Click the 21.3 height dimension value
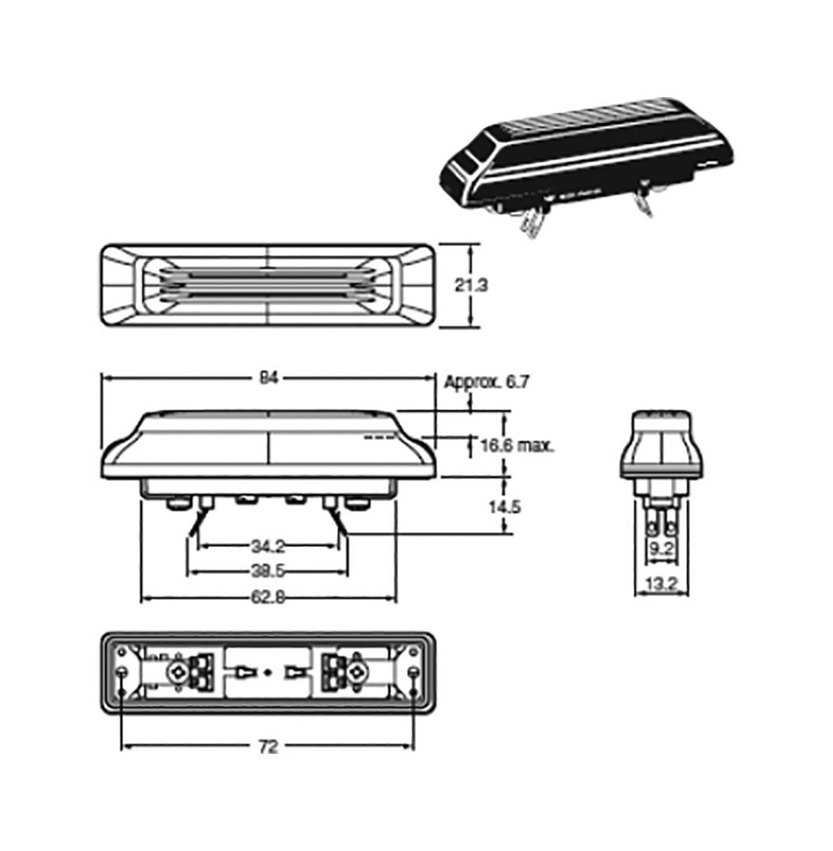point(471,285)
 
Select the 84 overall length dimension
point(267,377)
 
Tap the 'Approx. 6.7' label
point(487,382)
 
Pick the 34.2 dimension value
point(267,546)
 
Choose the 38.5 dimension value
point(267,572)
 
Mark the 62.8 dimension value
point(267,598)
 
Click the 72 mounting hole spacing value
point(267,747)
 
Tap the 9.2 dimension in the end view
point(662,548)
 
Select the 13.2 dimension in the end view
point(662,585)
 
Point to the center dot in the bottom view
point(267,671)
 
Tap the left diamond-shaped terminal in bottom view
point(177,672)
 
